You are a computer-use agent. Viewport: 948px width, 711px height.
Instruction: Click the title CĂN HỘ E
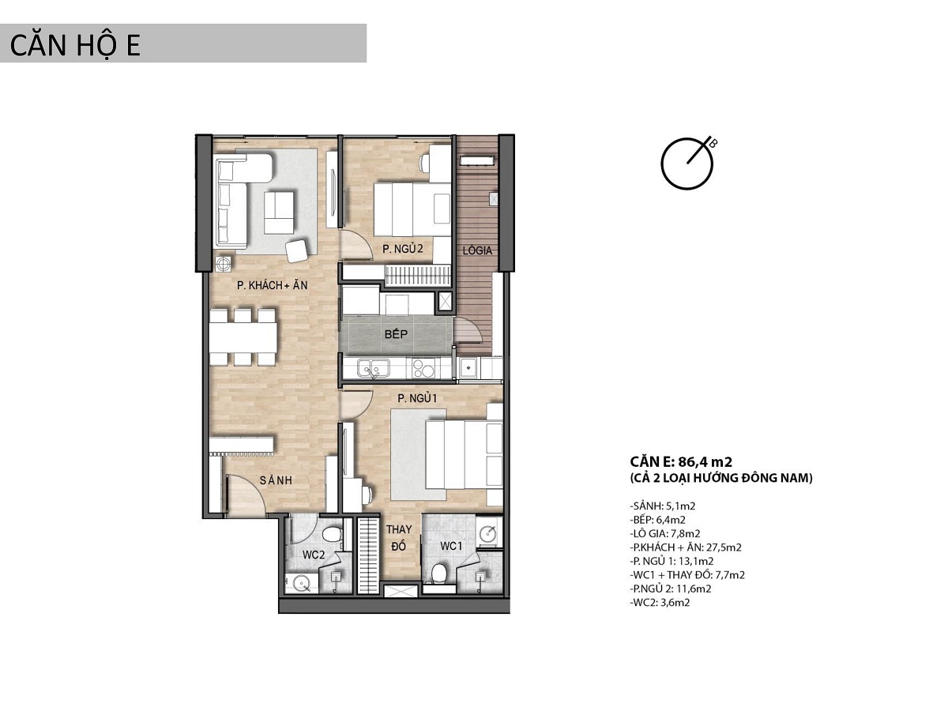click(75, 46)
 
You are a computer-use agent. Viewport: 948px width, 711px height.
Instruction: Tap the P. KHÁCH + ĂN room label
click(272, 285)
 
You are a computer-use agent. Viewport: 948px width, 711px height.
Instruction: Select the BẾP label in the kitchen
click(396, 334)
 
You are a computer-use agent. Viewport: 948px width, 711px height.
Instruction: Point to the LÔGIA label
click(477, 250)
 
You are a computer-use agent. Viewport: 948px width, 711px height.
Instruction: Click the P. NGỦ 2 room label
click(403, 249)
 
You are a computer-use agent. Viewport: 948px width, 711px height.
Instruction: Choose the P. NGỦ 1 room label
click(417, 398)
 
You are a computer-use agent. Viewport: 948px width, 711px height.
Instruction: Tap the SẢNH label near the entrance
click(276, 480)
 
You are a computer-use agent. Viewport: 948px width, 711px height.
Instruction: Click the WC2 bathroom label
click(313, 555)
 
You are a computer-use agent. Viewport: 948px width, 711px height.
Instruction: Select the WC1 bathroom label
click(451, 546)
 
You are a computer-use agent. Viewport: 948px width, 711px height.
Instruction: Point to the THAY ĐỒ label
click(399, 538)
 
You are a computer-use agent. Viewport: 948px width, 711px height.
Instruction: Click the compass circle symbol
click(687, 164)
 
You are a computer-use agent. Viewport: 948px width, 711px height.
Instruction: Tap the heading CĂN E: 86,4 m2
click(681, 461)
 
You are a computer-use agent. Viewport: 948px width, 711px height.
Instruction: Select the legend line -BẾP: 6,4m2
click(658, 519)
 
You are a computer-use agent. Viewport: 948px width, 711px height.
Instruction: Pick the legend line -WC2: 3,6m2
click(660, 602)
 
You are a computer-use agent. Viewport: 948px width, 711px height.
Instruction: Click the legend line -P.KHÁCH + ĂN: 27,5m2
click(686, 547)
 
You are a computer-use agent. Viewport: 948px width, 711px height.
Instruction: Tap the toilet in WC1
click(439, 574)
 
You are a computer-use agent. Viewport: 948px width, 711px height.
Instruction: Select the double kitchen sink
click(373, 370)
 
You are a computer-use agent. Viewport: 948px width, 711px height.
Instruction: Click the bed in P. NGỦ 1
click(464, 455)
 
